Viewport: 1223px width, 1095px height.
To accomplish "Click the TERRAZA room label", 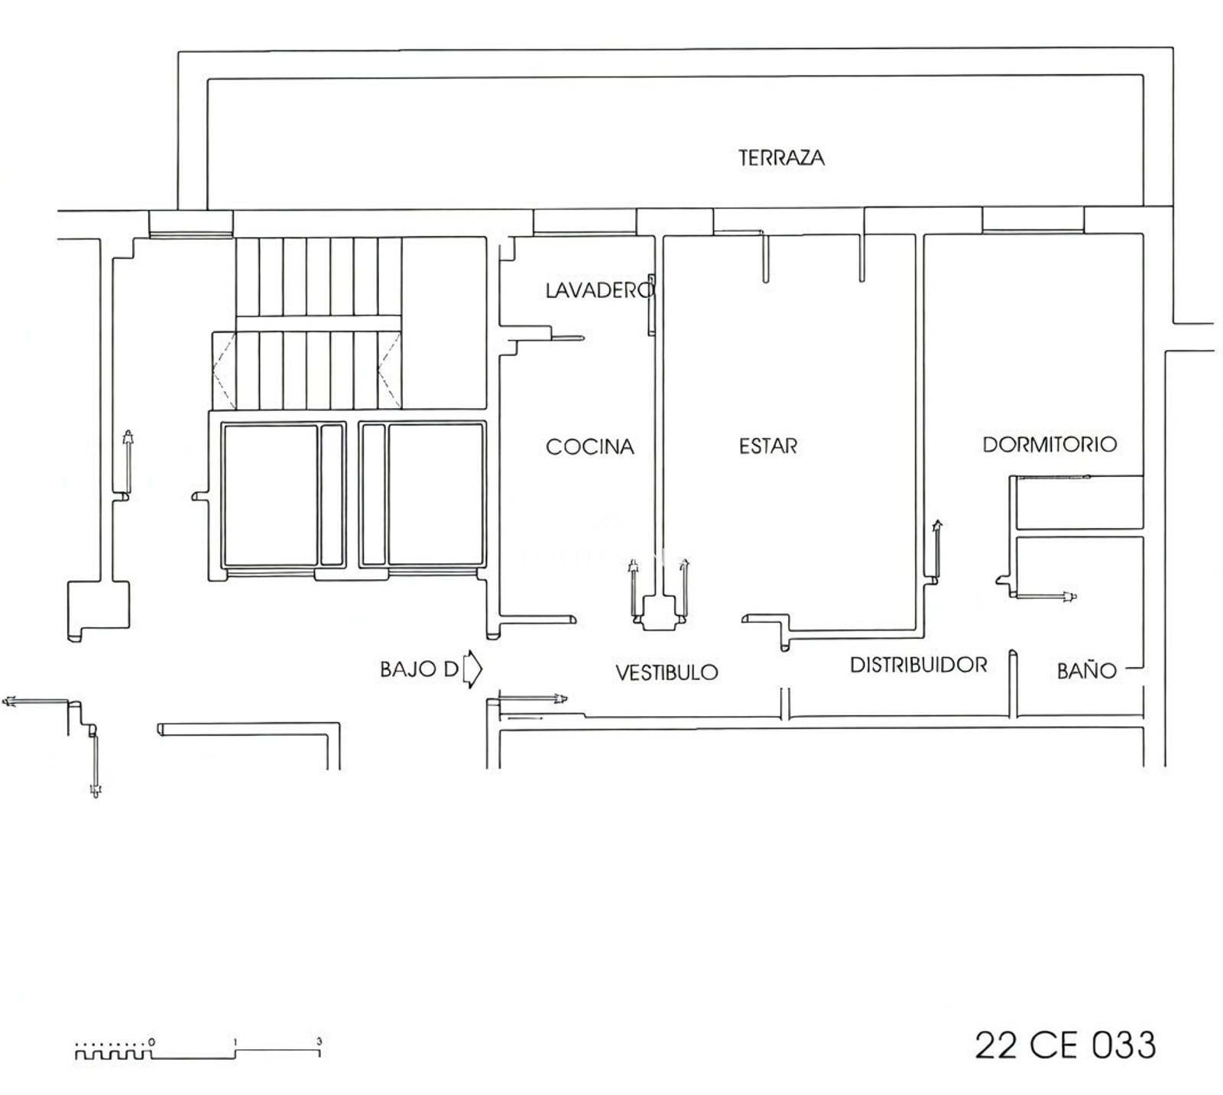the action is (x=781, y=158).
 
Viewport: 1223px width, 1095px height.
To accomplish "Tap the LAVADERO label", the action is (x=600, y=290).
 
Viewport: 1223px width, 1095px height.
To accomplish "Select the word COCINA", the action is (x=590, y=446).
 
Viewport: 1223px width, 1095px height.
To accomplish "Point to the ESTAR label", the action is (x=767, y=445).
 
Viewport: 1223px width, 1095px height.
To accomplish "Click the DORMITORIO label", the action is (x=1049, y=444).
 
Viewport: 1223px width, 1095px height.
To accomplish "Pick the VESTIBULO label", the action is (x=667, y=672).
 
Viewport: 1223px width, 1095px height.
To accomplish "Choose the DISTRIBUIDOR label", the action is (x=918, y=665).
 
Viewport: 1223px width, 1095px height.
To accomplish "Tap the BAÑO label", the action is (x=1086, y=670).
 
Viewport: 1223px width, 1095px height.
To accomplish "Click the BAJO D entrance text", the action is (x=419, y=669).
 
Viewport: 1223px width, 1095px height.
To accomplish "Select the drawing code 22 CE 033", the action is (x=1066, y=1045).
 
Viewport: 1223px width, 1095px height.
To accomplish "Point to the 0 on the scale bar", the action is (x=152, y=1042).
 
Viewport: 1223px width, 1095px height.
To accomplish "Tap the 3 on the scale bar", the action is (x=320, y=1042).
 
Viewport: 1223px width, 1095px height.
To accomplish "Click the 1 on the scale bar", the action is (x=235, y=1042).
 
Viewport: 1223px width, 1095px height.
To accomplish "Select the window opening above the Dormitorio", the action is (x=1033, y=220).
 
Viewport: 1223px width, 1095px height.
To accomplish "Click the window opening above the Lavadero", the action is (x=585, y=221).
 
